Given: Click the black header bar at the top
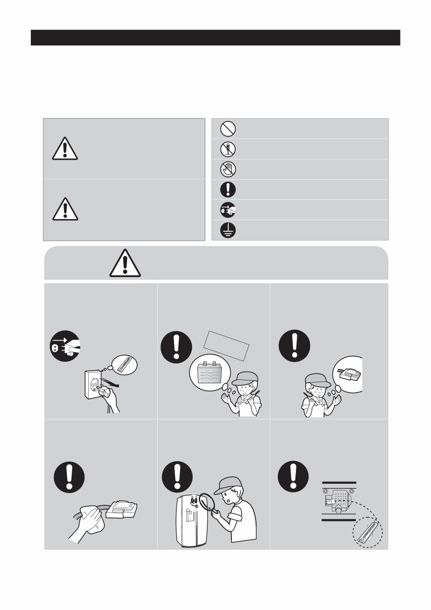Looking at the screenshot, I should [215, 37].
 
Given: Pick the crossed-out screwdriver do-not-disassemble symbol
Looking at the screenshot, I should [229, 149].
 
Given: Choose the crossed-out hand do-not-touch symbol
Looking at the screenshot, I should [229, 169].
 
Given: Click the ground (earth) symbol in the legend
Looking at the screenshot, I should [229, 230].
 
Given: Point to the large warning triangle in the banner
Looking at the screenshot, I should [125, 263].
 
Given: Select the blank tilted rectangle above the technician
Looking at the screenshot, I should [226, 345].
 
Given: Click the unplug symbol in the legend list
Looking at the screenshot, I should [229, 210].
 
